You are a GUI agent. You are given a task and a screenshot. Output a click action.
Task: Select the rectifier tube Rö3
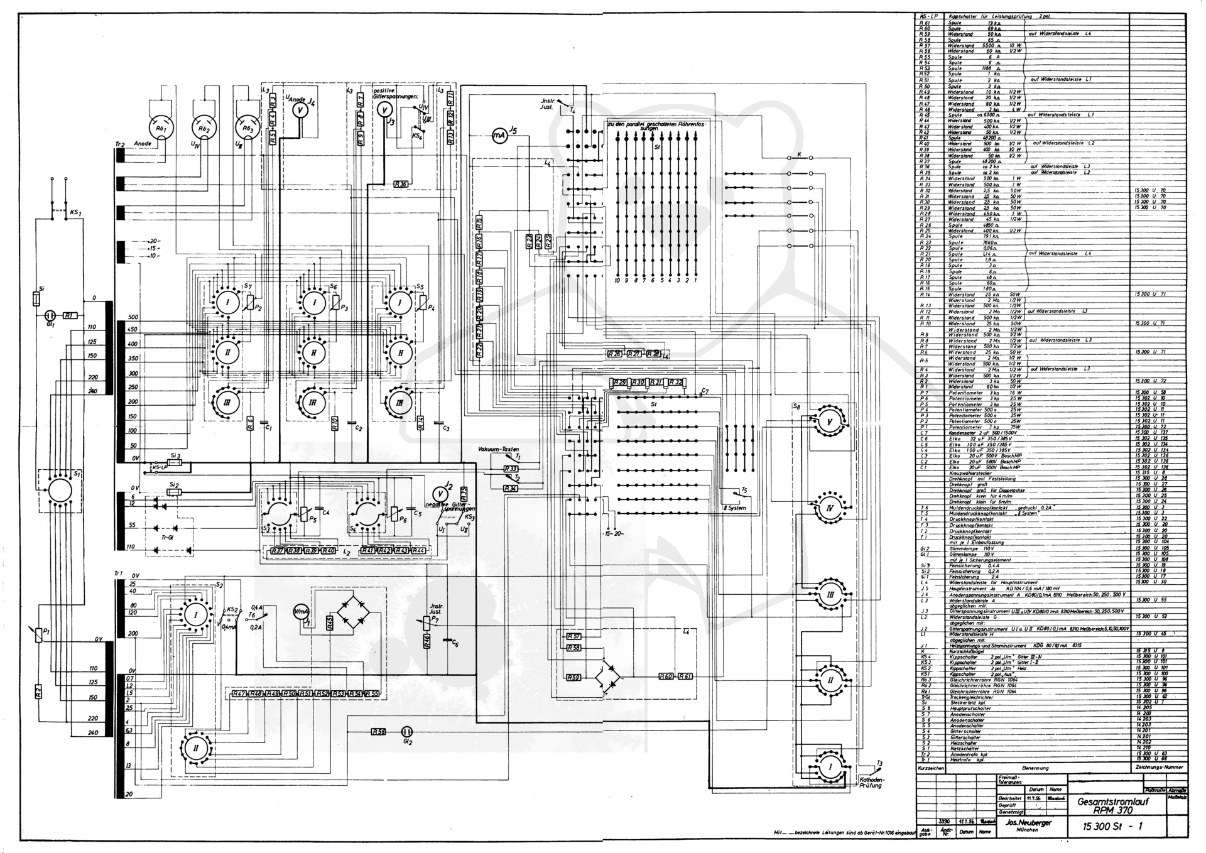246,128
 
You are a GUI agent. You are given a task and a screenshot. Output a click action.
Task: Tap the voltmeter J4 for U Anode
300,109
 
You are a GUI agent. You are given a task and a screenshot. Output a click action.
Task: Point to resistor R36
401,184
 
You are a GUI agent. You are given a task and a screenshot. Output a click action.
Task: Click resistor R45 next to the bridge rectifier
330,624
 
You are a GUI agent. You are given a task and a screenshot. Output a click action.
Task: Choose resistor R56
378,731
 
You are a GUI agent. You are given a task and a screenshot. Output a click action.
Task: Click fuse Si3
175,463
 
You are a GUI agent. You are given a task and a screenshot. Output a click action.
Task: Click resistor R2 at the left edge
38,692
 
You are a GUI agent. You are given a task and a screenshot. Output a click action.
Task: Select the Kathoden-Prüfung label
871,782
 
